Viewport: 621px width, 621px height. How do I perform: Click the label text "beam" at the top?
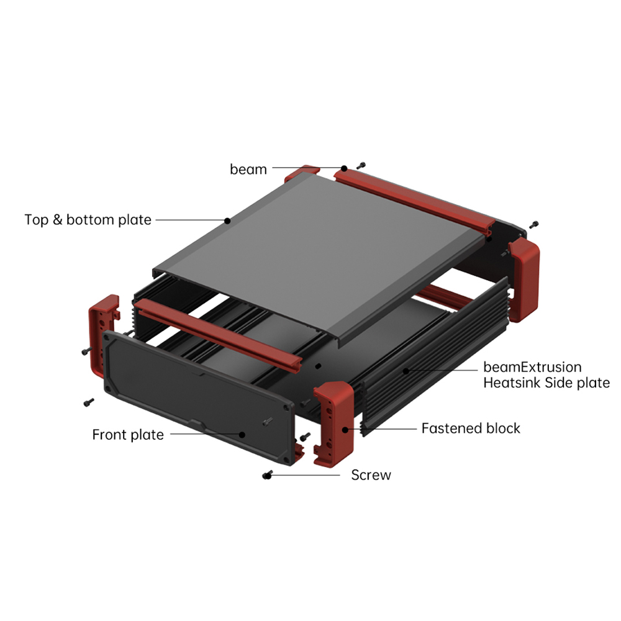248,169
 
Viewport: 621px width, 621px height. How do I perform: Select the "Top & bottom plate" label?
88,220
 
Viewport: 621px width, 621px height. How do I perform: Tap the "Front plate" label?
128,435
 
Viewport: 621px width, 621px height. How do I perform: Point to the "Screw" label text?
371,475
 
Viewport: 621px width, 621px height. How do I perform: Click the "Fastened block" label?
471,428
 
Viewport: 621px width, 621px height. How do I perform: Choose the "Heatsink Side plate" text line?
546,383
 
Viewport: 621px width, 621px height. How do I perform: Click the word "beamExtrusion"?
532,367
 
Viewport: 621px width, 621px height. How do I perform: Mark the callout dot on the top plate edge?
227,220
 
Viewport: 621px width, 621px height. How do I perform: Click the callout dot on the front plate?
242,435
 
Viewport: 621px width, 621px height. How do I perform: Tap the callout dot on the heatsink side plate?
406,371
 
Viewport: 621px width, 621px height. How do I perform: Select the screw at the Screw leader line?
267,475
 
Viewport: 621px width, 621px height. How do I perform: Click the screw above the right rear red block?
534,225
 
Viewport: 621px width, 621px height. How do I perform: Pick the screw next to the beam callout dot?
360,166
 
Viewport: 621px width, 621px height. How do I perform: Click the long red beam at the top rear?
414,201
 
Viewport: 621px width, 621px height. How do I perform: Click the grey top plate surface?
321,253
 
